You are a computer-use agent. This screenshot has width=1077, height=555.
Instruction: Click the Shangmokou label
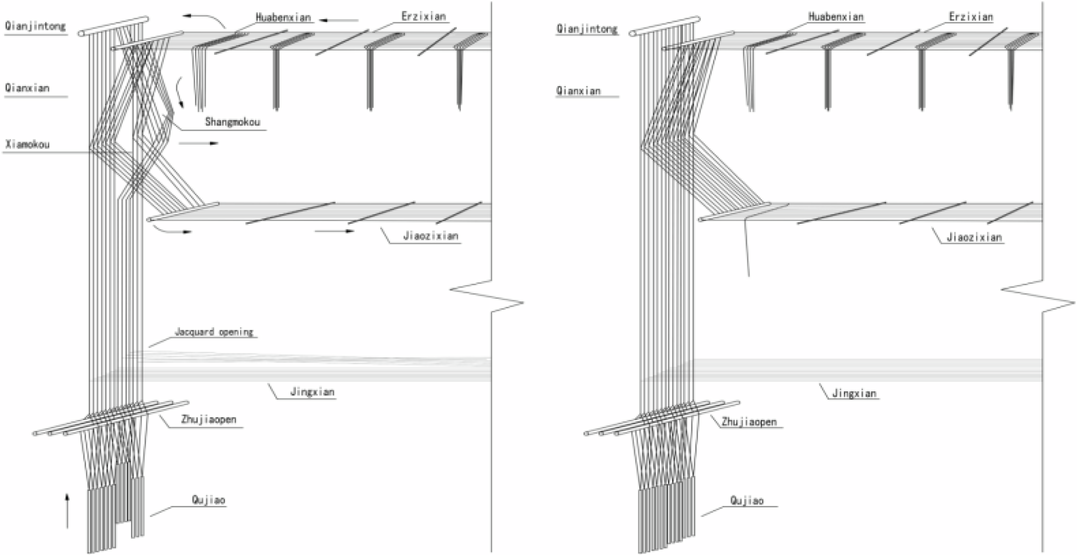tap(233, 123)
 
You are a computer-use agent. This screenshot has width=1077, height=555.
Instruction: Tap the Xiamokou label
tap(28, 144)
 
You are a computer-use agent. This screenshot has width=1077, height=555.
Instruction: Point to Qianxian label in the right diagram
tap(577, 90)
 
